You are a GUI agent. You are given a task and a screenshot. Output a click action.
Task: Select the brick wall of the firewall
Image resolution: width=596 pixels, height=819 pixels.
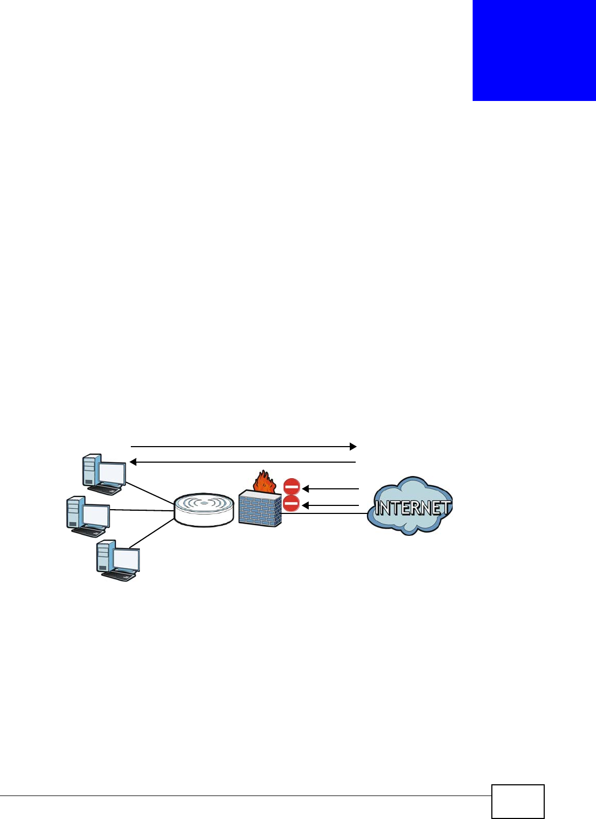[x=260, y=510]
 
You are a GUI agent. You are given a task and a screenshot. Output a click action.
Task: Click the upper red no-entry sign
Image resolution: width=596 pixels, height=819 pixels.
[x=292, y=487]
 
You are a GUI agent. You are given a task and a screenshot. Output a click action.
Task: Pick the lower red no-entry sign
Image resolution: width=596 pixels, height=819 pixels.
[x=291, y=504]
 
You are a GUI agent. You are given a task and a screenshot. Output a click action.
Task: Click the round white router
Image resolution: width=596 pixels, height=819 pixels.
[x=204, y=510]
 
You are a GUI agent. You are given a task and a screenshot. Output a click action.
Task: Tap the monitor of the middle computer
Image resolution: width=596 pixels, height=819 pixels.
[x=96, y=515]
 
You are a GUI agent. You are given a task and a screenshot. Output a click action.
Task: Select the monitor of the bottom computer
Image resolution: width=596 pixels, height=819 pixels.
[x=126, y=559]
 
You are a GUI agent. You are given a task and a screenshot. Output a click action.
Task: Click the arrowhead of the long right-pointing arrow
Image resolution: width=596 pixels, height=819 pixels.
[x=352, y=446]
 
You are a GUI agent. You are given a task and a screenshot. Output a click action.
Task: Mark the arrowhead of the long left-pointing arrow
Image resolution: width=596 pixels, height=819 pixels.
[x=134, y=461]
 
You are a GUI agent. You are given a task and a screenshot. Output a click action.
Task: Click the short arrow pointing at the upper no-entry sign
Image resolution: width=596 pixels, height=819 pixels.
[x=331, y=488]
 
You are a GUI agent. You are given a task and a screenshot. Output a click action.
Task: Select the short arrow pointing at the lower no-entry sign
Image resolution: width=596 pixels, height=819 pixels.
[x=331, y=505]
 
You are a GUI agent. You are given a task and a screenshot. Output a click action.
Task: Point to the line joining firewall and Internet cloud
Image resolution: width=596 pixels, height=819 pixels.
[x=326, y=514]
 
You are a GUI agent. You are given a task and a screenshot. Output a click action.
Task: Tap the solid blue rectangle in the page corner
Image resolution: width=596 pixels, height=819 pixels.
[x=534, y=50]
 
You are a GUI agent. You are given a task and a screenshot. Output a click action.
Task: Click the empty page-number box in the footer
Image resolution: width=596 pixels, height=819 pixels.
[x=517, y=801]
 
